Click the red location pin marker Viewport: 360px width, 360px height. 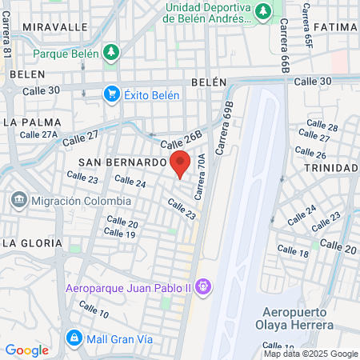click(180, 162)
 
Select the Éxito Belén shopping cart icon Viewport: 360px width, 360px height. click(112, 94)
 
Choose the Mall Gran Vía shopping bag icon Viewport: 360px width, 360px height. click(74, 338)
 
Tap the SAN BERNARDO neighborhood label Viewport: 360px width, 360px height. click(122, 162)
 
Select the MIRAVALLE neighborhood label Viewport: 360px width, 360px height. click(55, 26)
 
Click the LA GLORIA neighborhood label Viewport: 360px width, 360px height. click(31, 242)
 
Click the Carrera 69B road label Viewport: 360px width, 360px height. click(226, 114)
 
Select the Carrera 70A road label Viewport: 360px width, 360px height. click(201, 178)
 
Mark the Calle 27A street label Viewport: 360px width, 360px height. click(38, 134)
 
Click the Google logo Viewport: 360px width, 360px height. click(26, 350)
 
